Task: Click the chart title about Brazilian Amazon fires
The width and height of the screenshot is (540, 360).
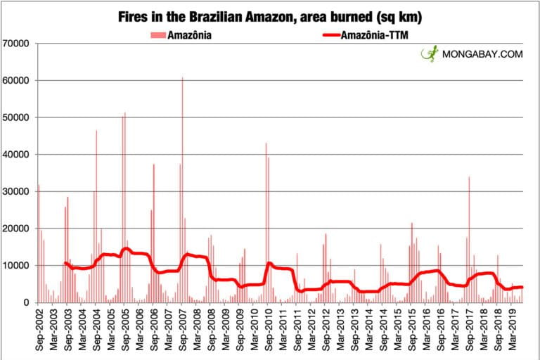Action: (271, 15)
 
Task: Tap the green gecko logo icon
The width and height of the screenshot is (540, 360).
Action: (430, 54)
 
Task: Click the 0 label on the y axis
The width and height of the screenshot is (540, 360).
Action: (25, 303)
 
